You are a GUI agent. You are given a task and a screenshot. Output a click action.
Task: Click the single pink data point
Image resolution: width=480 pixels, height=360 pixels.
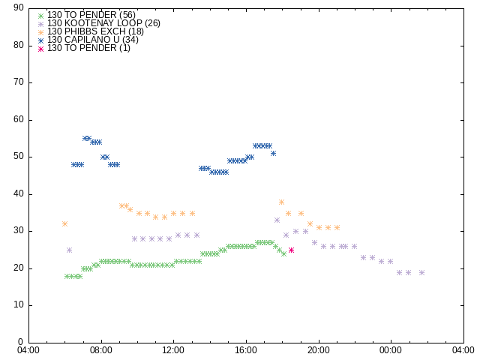(x=291, y=250)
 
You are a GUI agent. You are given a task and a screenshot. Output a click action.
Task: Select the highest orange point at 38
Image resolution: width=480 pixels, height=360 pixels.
(x=281, y=202)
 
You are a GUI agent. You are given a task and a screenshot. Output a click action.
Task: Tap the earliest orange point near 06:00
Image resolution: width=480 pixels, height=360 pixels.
(x=64, y=223)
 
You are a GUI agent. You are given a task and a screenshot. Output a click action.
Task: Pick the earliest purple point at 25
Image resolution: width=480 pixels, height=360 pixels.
(x=69, y=250)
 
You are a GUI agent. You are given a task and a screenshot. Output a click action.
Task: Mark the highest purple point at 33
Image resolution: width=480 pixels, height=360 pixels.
(x=277, y=220)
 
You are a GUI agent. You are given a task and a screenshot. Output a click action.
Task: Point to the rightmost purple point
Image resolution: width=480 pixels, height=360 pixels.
(x=421, y=272)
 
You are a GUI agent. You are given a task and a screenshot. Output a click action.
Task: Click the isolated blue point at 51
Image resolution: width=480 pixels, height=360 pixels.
(x=273, y=153)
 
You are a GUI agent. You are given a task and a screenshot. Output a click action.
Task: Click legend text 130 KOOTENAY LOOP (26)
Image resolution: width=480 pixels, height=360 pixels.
(x=103, y=23)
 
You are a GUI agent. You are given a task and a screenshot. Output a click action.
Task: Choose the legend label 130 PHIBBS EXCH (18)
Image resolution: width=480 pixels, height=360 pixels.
(x=95, y=31)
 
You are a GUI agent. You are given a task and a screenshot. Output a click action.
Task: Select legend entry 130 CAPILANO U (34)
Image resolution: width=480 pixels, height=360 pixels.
(x=93, y=40)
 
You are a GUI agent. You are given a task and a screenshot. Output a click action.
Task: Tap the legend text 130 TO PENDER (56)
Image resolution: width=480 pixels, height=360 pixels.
(x=91, y=15)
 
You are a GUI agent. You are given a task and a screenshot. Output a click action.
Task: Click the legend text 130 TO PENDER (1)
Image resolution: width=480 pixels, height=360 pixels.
(x=88, y=48)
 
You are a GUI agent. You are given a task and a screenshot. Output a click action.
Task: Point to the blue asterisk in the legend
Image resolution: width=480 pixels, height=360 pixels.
(x=41, y=40)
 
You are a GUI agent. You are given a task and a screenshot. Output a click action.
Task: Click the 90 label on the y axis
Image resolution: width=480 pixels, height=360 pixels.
(x=19, y=7)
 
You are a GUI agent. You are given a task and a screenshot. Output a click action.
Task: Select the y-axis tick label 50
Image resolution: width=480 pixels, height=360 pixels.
(x=19, y=157)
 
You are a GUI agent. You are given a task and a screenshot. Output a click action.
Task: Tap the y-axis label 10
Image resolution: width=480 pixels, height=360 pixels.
(x=19, y=305)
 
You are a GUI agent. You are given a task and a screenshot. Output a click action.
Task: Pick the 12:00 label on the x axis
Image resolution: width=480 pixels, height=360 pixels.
(x=173, y=350)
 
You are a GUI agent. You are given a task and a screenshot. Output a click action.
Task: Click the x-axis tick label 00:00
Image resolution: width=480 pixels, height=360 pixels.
(x=391, y=350)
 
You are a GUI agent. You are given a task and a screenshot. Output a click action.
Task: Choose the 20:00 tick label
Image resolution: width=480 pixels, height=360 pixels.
(x=319, y=350)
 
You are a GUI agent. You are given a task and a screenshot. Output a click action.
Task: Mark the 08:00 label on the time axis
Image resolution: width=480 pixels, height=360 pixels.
(x=101, y=350)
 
